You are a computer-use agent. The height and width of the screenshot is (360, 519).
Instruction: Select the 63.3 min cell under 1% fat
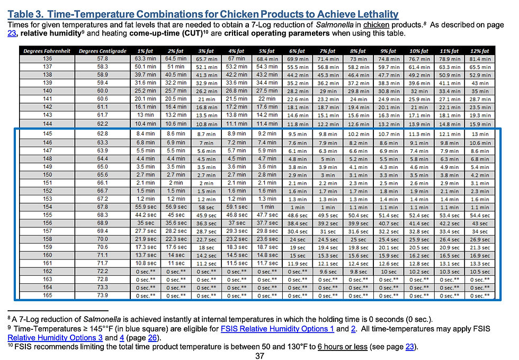pyautogui.click(x=144, y=59)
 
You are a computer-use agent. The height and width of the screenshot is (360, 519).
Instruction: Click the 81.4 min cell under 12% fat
pyautogui.click(x=480, y=59)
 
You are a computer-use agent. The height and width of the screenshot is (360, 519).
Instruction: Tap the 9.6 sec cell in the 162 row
pyautogui.click(x=329, y=271)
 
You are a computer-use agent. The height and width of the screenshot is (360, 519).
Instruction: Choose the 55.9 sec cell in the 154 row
pyautogui.click(x=144, y=206)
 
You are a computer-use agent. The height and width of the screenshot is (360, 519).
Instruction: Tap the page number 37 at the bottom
pyautogui.click(x=259, y=356)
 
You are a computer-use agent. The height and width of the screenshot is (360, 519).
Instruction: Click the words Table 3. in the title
pyautogui.click(x=25, y=14)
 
